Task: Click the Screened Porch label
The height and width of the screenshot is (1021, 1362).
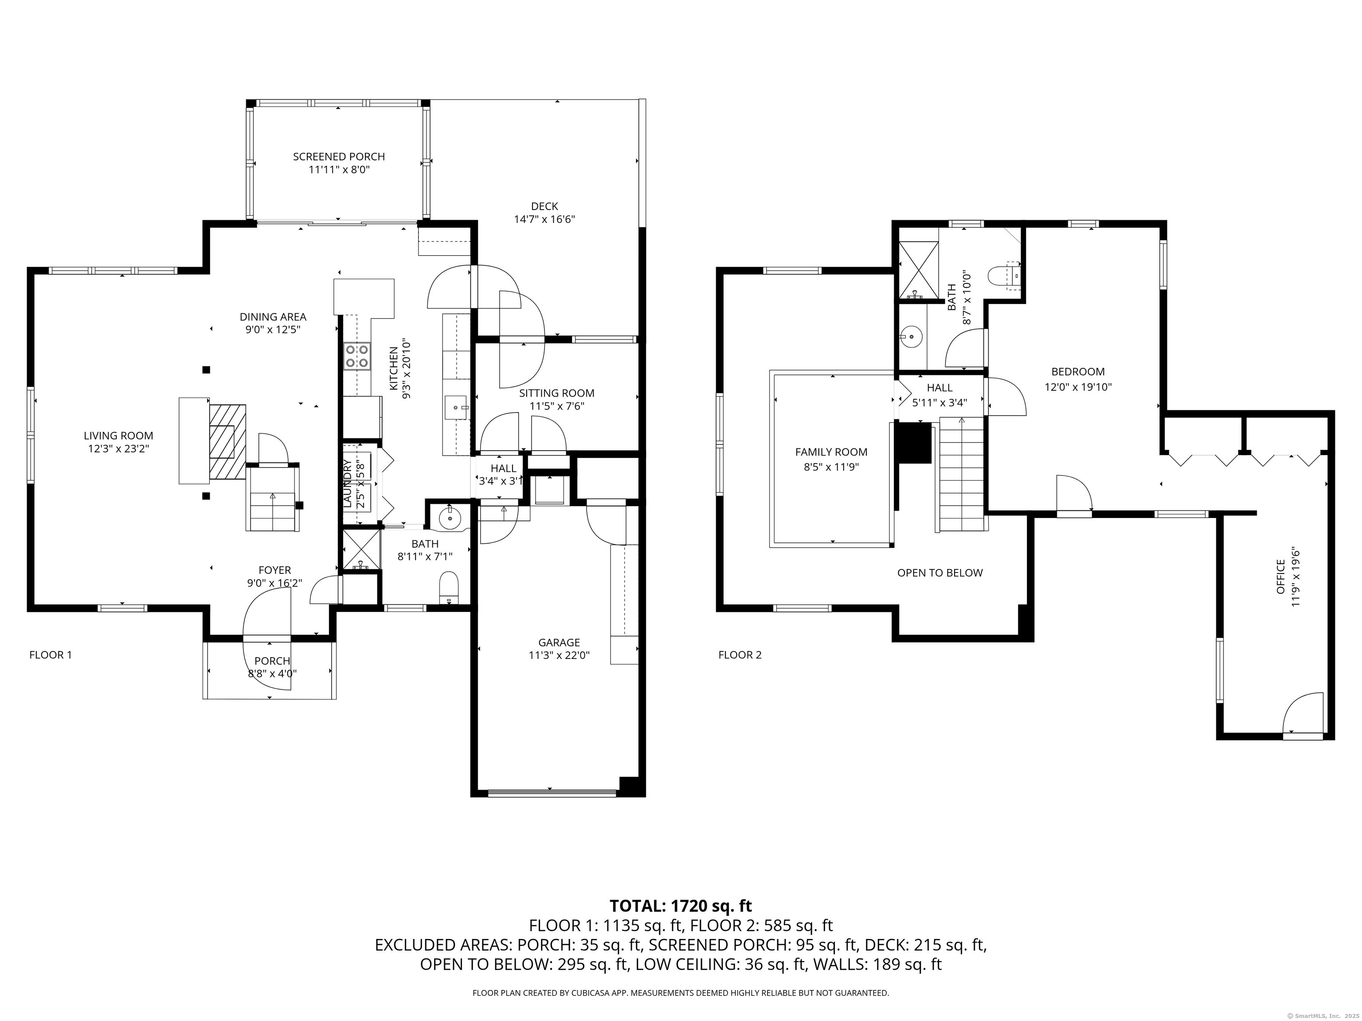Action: coord(339,157)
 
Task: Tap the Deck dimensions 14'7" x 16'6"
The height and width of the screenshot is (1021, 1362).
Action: coord(544,219)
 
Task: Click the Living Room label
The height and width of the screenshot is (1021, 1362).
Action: coord(118,436)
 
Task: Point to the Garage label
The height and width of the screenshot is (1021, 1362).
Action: coord(559,643)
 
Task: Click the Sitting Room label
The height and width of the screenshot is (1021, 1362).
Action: coord(556,393)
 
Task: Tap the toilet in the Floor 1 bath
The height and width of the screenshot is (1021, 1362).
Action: coord(450,587)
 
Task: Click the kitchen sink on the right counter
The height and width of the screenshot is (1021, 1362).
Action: coord(456,407)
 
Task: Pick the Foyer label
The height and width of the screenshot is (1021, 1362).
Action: coord(274,570)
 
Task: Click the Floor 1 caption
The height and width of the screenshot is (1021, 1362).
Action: coord(51,655)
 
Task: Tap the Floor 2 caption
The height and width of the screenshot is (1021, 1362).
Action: coord(740,655)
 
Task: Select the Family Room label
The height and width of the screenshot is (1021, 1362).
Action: coord(831,452)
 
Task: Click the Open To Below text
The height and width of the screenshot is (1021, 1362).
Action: coord(939,573)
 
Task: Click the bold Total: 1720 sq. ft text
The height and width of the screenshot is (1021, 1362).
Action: coord(681,906)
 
